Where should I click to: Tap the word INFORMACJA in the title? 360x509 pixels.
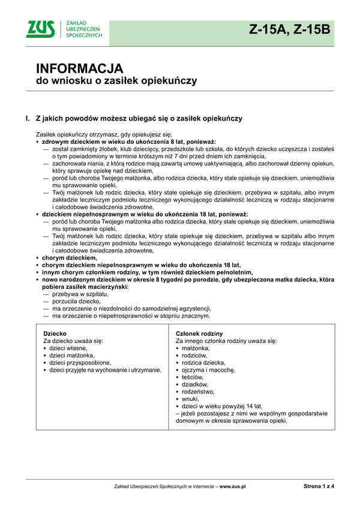pos(79,68)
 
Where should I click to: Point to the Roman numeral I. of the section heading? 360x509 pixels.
pos(28,119)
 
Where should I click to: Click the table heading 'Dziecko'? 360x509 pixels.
pos(55,333)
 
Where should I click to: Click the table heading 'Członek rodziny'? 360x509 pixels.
pos(199,333)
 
